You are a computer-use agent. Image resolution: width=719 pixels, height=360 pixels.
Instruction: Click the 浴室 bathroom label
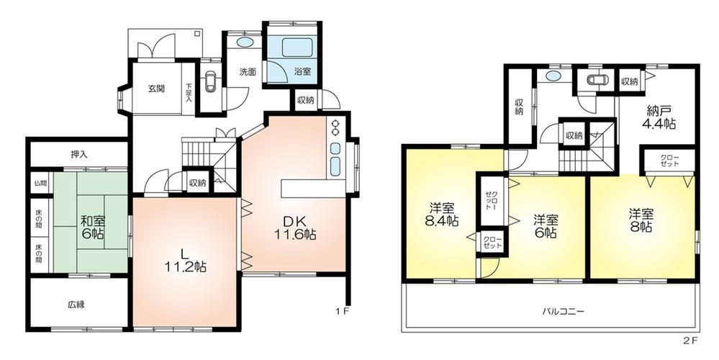coord(302,71)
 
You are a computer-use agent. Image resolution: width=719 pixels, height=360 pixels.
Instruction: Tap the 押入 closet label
coord(79,154)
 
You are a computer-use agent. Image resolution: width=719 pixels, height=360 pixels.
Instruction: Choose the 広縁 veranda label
coord(77,305)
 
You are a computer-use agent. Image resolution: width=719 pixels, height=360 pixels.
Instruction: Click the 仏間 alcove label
coord(39,183)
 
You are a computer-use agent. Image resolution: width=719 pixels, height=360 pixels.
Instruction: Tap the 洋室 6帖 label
coord(546,225)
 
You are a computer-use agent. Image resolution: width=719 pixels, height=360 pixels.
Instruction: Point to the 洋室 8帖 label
coord(641,220)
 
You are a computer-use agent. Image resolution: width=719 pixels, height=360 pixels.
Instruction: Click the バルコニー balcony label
coord(564,312)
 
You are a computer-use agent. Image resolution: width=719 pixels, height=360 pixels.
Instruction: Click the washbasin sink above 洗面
coord(245,42)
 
